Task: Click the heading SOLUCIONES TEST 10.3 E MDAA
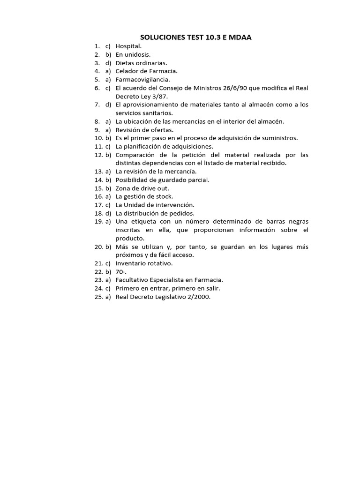pyautogui.click(x=196, y=37)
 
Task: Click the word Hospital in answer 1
pyautogui.click(x=128, y=46)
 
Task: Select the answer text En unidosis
pyautogui.click(x=133, y=54)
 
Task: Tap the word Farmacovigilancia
pyautogui.click(x=142, y=80)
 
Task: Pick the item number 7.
pyautogui.click(x=96, y=105)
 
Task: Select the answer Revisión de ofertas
pyautogui.click(x=144, y=130)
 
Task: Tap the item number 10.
pyautogui.click(x=98, y=138)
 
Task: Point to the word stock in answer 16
pyautogui.click(x=164, y=197)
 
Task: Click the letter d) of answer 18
pyautogui.click(x=108, y=213)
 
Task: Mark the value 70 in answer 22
pyautogui.click(x=120, y=272)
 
